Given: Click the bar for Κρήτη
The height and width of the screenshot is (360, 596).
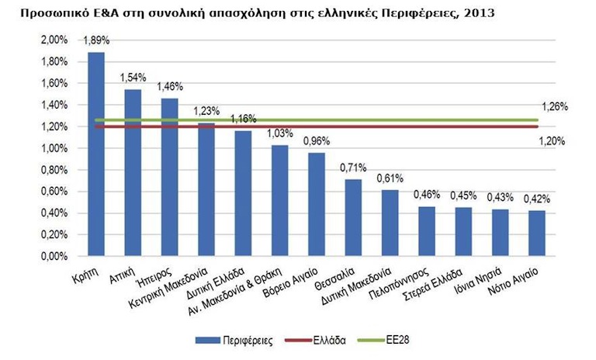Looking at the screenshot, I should pyautogui.click(x=96, y=155).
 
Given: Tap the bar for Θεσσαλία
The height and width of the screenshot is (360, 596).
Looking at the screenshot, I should pyautogui.click(x=353, y=218).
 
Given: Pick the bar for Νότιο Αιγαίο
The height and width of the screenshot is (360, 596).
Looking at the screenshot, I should pyautogui.click(x=536, y=234).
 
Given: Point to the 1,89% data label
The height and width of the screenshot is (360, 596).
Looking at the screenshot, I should pyautogui.click(x=96, y=41).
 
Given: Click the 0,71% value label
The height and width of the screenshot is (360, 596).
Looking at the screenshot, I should pyautogui.click(x=353, y=168).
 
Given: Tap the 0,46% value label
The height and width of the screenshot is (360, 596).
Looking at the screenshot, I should pyautogui.click(x=426, y=194).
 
